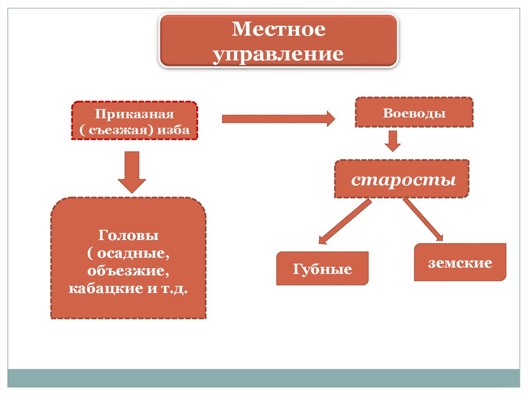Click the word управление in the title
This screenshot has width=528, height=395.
tap(278, 54)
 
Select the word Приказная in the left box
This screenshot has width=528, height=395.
tap(134, 114)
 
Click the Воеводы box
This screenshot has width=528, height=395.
tap(414, 112)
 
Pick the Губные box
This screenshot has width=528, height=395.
tap(323, 269)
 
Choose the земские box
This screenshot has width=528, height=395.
tap(460, 263)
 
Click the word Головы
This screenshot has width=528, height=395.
tap(128, 236)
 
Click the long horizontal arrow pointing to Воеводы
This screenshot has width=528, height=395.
tap(278, 119)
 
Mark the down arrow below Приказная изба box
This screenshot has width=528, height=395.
tap(132, 171)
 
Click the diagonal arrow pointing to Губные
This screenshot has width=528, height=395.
tap(345, 221)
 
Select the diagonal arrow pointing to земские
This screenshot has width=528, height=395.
tap(423, 219)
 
